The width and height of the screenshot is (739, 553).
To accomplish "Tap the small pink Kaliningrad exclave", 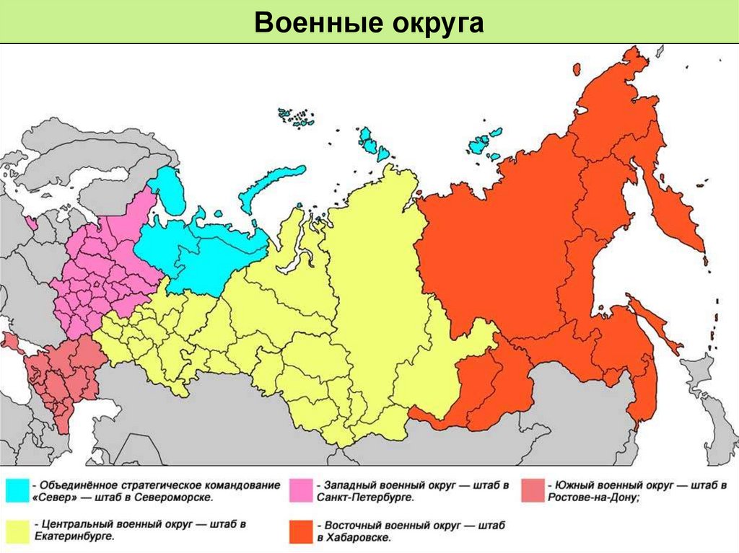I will click(32, 222).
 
